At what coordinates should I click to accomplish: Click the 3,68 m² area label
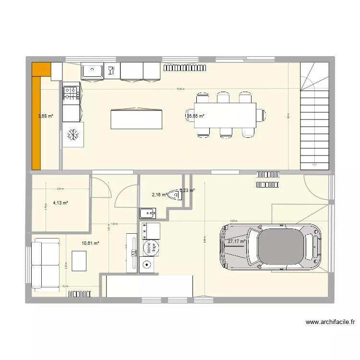[45, 116]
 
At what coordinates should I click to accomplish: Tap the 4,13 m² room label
[60, 203]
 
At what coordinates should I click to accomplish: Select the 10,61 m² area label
[90, 243]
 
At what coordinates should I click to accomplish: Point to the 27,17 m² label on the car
[236, 241]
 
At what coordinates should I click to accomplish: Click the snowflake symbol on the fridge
[73, 135]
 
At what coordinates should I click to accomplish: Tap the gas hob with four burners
[71, 93]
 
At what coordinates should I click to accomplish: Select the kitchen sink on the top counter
[92, 71]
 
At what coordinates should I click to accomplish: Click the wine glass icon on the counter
[111, 71]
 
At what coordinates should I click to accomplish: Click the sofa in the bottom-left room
[46, 265]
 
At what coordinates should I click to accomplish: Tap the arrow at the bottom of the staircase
[315, 165]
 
